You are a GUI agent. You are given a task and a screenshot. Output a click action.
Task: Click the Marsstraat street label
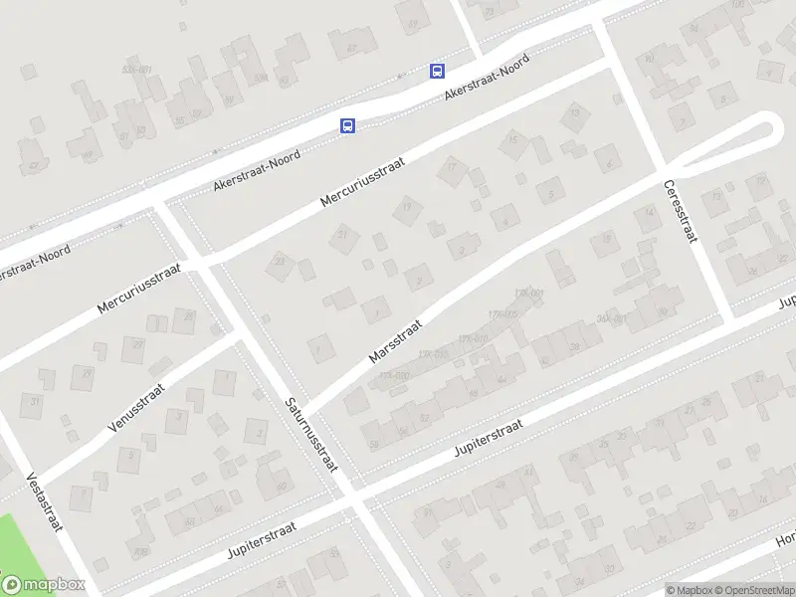point(396,340)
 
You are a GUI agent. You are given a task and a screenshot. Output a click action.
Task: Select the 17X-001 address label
point(528,293)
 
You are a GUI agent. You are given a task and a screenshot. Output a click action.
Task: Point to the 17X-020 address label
point(394,375)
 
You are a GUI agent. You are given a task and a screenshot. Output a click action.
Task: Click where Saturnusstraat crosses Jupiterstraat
point(350,495)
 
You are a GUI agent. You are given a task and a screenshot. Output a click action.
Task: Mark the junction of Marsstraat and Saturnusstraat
point(305,407)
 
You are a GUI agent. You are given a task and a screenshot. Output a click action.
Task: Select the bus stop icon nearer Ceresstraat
point(437,71)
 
